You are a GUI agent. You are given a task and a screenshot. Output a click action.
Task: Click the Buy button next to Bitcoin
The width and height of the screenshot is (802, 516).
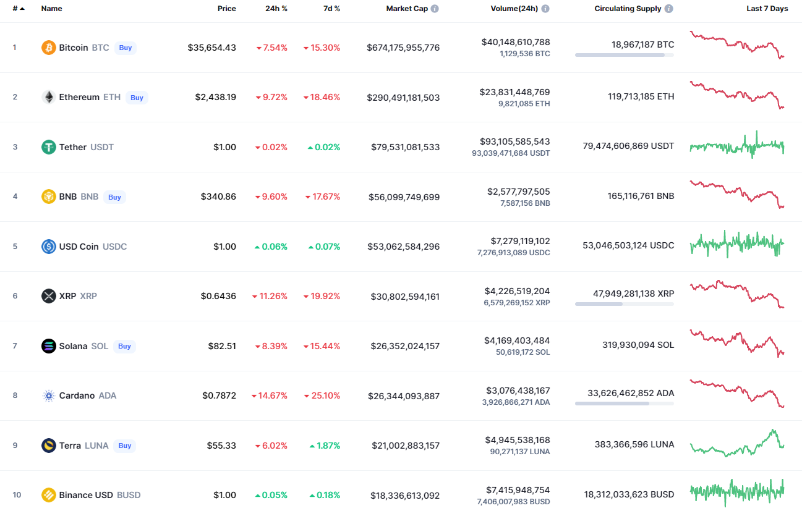(x=125, y=48)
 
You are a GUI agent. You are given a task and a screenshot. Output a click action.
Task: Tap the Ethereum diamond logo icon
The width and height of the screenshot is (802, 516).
(x=48, y=97)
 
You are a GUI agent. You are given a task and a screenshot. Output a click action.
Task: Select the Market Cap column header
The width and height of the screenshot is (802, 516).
(x=407, y=9)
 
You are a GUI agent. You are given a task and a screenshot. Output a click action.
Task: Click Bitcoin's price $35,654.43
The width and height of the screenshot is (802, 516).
(x=211, y=48)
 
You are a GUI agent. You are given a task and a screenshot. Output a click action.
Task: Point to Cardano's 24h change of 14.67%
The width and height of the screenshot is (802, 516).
(x=270, y=395)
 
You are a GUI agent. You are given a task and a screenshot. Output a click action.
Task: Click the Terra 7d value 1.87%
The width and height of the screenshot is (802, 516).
(x=325, y=446)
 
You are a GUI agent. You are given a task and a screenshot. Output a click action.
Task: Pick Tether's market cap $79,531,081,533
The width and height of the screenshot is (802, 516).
(x=405, y=147)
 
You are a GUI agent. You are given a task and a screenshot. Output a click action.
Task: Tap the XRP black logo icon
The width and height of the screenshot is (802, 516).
(x=48, y=296)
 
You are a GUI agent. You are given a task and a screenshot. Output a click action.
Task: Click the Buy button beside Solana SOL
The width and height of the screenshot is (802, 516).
(x=124, y=346)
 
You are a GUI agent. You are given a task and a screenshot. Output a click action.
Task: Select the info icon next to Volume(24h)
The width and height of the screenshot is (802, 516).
(x=545, y=9)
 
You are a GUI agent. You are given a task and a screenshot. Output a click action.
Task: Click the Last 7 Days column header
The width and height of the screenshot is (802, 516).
(x=767, y=9)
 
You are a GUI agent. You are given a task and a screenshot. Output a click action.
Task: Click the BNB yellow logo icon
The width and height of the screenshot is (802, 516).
(x=48, y=197)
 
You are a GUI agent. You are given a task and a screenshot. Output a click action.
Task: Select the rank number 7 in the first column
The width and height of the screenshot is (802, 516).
(x=15, y=345)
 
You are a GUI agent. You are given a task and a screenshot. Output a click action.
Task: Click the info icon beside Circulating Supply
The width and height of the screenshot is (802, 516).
(x=669, y=9)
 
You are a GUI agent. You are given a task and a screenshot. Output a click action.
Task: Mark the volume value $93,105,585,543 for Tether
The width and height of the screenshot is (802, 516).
(x=514, y=142)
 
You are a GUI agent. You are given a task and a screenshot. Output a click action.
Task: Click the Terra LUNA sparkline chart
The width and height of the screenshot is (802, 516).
(x=736, y=443)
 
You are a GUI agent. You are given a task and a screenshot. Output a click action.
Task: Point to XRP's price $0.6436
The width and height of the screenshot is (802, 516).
(x=218, y=296)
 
